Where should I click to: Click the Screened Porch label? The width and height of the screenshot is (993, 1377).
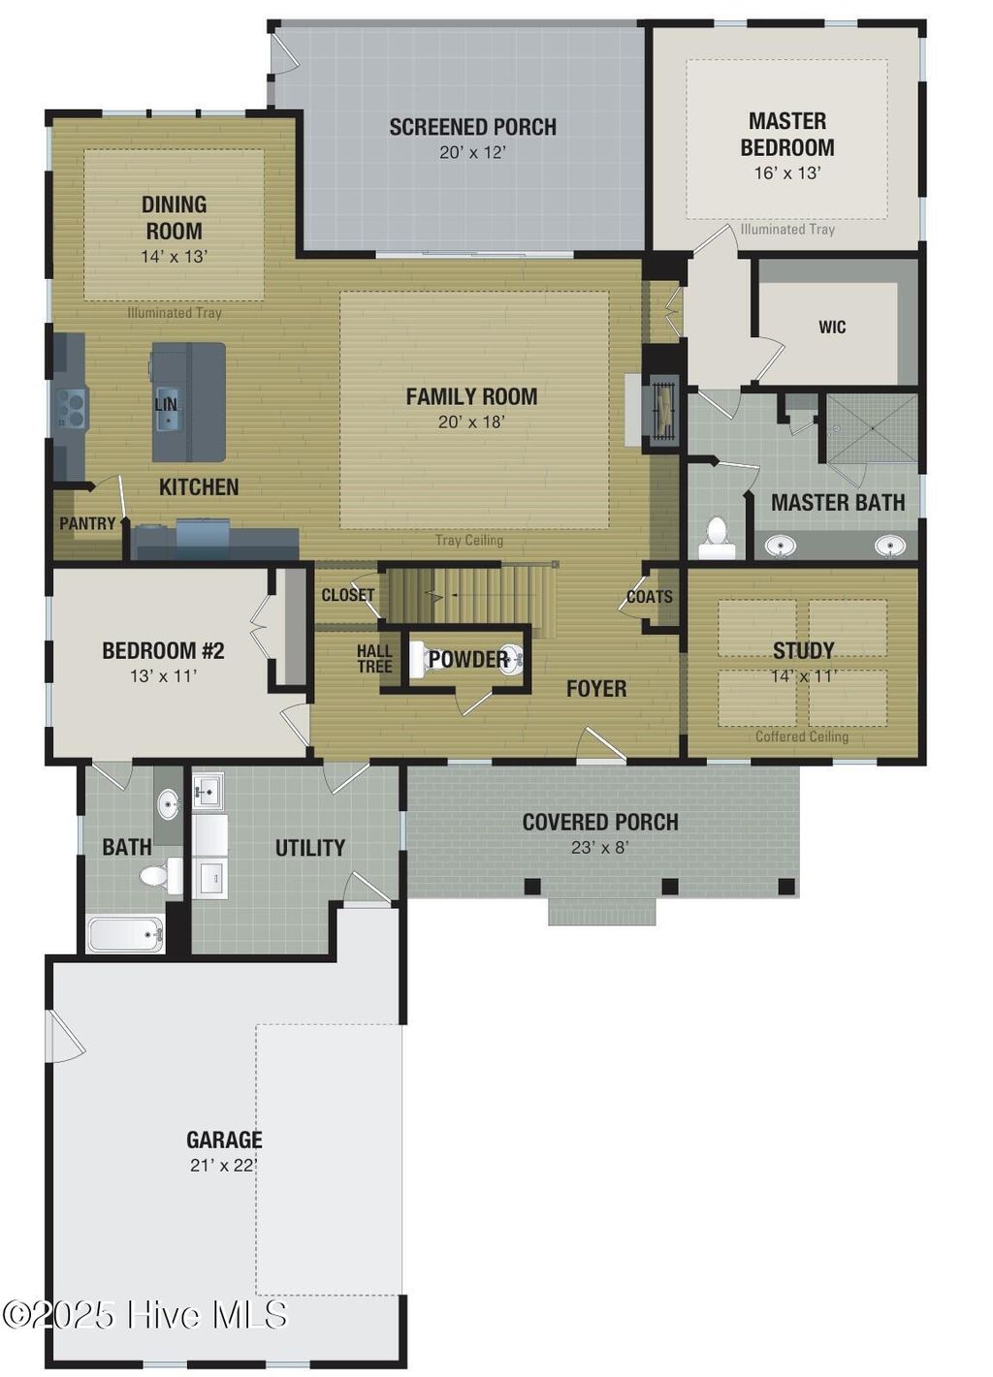[x=472, y=127]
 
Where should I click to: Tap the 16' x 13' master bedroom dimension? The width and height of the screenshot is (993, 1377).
[x=786, y=173]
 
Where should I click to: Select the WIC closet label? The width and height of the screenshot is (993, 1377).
[x=831, y=328]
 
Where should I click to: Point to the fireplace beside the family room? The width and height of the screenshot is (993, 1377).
[x=663, y=411]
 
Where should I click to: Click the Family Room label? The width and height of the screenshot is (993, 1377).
[x=471, y=396]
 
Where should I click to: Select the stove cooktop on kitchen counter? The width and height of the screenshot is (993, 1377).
[x=72, y=407]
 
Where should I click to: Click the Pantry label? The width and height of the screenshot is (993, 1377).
[x=87, y=523]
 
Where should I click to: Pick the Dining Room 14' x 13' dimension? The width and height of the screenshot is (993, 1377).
[x=174, y=257]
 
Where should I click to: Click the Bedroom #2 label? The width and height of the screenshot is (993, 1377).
[x=163, y=650]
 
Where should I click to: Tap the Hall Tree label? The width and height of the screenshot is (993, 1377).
[x=374, y=659]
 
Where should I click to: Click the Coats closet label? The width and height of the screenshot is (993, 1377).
[x=649, y=597]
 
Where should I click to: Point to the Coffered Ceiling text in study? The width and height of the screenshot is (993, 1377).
[x=801, y=736]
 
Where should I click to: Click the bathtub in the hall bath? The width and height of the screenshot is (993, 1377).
[x=125, y=935]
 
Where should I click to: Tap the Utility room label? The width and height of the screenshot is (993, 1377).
[x=309, y=848]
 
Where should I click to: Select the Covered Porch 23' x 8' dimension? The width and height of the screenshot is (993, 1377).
[x=599, y=848]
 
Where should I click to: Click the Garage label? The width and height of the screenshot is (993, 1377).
[x=224, y=1140]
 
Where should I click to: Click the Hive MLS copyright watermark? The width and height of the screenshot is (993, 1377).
[x=145, y=1315]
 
